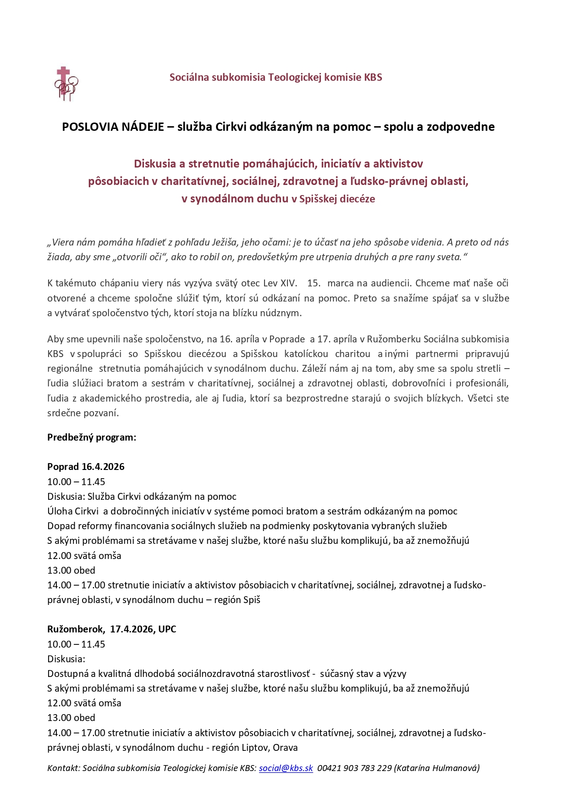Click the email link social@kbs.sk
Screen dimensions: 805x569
(286, 768)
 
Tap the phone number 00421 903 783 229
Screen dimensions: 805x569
(354, 768)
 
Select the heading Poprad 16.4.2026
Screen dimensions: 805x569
(86, 467)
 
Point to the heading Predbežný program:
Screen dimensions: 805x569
(92, 437)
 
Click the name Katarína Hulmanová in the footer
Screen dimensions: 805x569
(436, 768)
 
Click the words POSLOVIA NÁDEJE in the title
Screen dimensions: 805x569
(113, 127)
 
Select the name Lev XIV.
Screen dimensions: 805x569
(280, 283)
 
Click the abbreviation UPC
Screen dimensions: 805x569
(167, 629)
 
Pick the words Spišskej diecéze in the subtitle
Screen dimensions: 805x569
(337, 199)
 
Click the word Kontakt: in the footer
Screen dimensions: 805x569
(63, 768)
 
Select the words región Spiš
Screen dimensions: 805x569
(237, 599)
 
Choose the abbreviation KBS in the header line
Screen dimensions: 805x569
(373, 77)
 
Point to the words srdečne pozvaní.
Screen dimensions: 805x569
(83, 413)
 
